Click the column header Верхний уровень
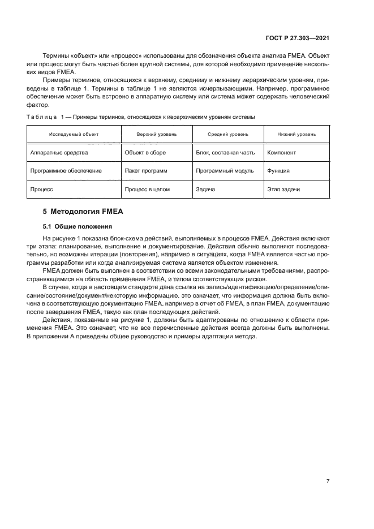point(156,134)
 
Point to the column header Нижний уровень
point(296,134)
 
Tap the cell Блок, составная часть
point(225,153)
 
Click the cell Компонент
point(281,153)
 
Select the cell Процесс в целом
point(147,189)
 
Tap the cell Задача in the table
point(205,189)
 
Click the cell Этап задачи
point(283,189)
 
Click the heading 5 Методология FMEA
point(83,212)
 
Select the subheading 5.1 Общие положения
point(72,226)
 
